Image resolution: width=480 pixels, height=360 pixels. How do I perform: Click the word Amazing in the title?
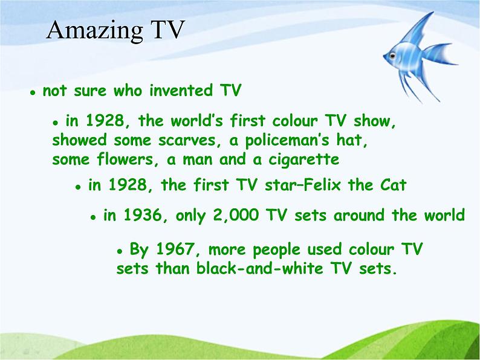(x=94, y=31)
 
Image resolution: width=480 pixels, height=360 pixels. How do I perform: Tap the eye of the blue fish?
(x=392, y=56)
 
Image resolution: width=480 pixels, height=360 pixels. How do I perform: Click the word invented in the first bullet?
(x=181, y=91)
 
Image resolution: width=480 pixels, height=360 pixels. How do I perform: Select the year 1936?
(x=142, y=215)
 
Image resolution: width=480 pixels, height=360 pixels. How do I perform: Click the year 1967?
(x=175, y=249)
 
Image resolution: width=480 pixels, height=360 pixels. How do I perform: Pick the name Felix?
(x=325, y=185)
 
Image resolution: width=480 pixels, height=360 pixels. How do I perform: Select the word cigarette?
(x=303, y=160)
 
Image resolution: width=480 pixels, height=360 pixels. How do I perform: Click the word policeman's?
(x=287, y=140)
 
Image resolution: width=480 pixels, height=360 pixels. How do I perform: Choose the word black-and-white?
(x=259, y=268)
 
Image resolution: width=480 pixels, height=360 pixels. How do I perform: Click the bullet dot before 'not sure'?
(x=33, y=92)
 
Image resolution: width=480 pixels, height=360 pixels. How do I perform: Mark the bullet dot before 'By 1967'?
(x=120, y=251)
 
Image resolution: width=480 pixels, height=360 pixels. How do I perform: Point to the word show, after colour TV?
(x=375, y=121)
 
